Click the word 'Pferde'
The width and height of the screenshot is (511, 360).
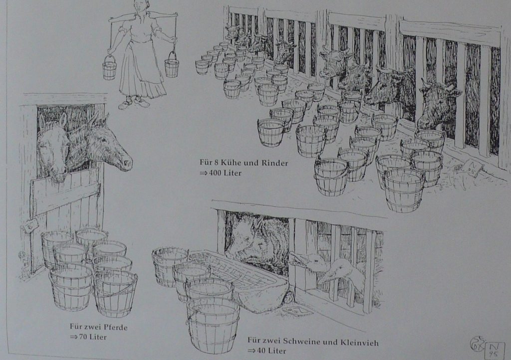(x=116, y=327)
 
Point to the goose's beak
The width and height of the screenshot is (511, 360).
(x=325, y=278)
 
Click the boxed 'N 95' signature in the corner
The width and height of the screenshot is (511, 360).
(x=495, y=351)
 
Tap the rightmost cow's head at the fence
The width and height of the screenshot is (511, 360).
(x=438, y=104)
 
